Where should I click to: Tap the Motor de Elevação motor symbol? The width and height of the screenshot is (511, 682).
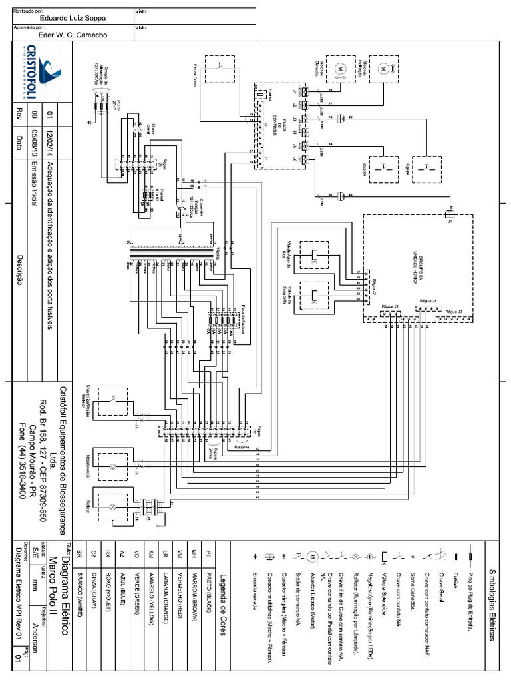pyautogui.click(x=337, y=68)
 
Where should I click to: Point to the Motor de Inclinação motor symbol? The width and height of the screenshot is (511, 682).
pyautogui.click(x=383, y=67)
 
